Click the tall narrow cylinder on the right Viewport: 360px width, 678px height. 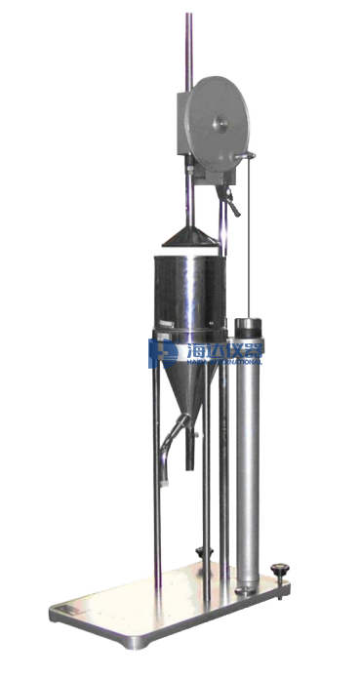click(x=251, y=459)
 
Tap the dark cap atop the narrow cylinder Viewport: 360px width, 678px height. click(x=252, y=324)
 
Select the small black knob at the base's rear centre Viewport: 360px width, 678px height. click(x=203, y=552)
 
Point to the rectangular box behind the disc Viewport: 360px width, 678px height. click(x=182, y=121)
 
